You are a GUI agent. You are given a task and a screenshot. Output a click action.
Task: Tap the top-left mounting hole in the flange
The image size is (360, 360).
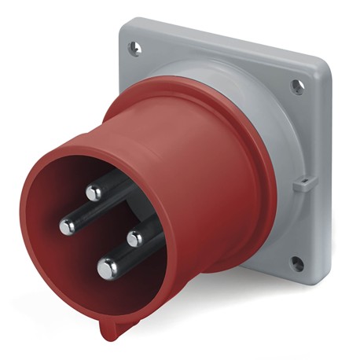135,50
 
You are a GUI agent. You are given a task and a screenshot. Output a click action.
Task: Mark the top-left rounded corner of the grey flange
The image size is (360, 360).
123,30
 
